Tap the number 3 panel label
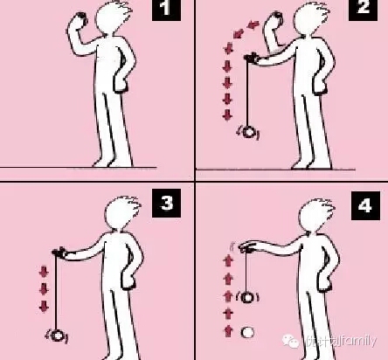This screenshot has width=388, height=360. [166, 204]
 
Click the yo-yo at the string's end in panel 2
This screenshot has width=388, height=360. [250, 132]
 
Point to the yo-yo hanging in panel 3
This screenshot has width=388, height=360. [59, 334]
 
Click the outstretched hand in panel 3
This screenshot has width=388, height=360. [62, 253]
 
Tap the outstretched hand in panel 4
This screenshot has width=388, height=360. [251, 248]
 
